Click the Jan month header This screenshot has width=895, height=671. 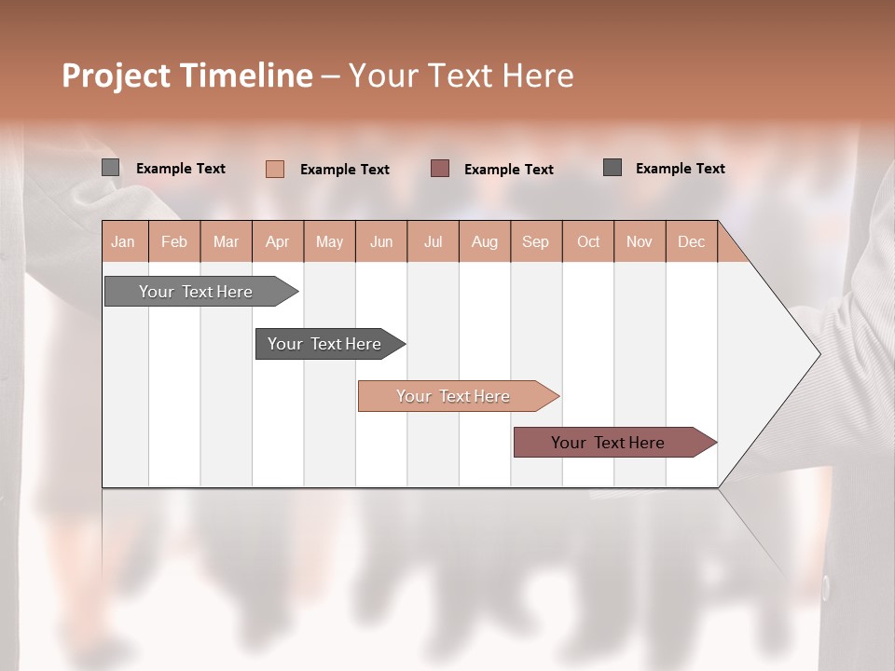(x=123, y=241)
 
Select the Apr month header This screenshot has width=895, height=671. (x=277, y=241)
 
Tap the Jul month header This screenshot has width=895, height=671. (x=433, y=241)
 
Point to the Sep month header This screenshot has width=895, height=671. (x=535, y=241)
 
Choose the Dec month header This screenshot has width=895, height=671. (x=691, y=241)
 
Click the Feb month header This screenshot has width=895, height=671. (x=174, y=241)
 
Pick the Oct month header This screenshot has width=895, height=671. (x=588, y=241)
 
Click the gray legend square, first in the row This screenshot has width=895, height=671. (x=111, y=168)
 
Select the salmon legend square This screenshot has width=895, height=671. (x=275, y=169)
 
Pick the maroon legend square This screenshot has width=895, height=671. (x=440, y=169)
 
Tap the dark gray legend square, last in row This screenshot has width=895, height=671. (x=613, y=168)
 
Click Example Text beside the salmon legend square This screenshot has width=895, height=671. (x=345, y=170)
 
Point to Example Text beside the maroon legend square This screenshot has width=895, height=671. (x=509, y=170)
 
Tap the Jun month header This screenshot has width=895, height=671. (x=381, y=241)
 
